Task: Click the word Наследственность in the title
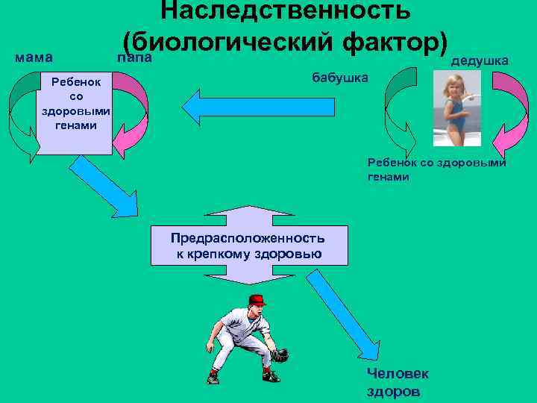pos(286,10)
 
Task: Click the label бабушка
pos(339,78)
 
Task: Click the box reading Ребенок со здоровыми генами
pos(75,113)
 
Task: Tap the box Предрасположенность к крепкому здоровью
pos(247,246)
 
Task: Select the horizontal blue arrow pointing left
pos(254,107)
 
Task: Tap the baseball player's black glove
pos(279,354)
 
